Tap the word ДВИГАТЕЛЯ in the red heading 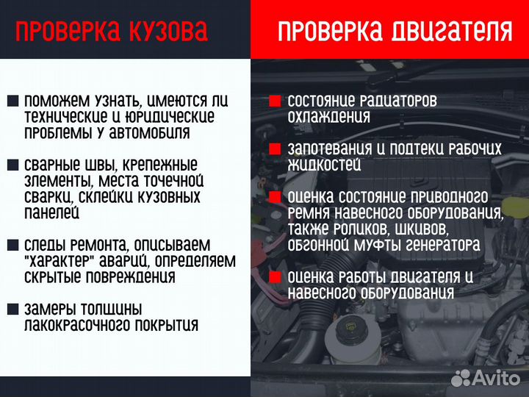coord(449,31)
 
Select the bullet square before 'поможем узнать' coord(13,101)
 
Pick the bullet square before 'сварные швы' coord(13,165)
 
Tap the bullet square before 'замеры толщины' coord(13,310)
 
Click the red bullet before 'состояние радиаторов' coord(275,101)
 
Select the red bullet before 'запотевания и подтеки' coord(275,149)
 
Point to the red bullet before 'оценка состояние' coord(275,198)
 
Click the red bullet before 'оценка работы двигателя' coord(275,277)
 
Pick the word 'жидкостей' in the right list coord(324,165)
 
